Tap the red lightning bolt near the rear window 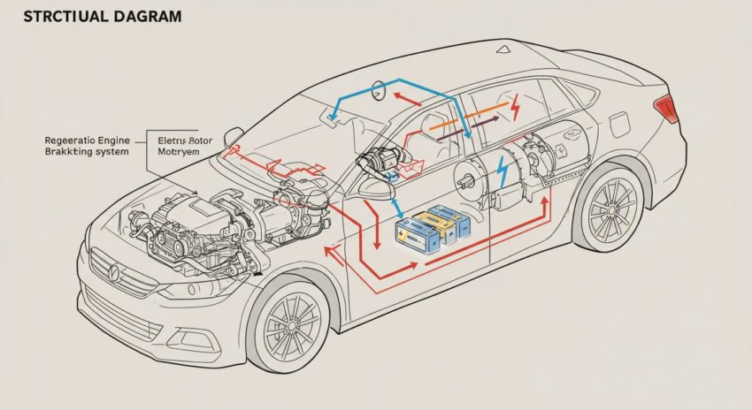tap(516, 108)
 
